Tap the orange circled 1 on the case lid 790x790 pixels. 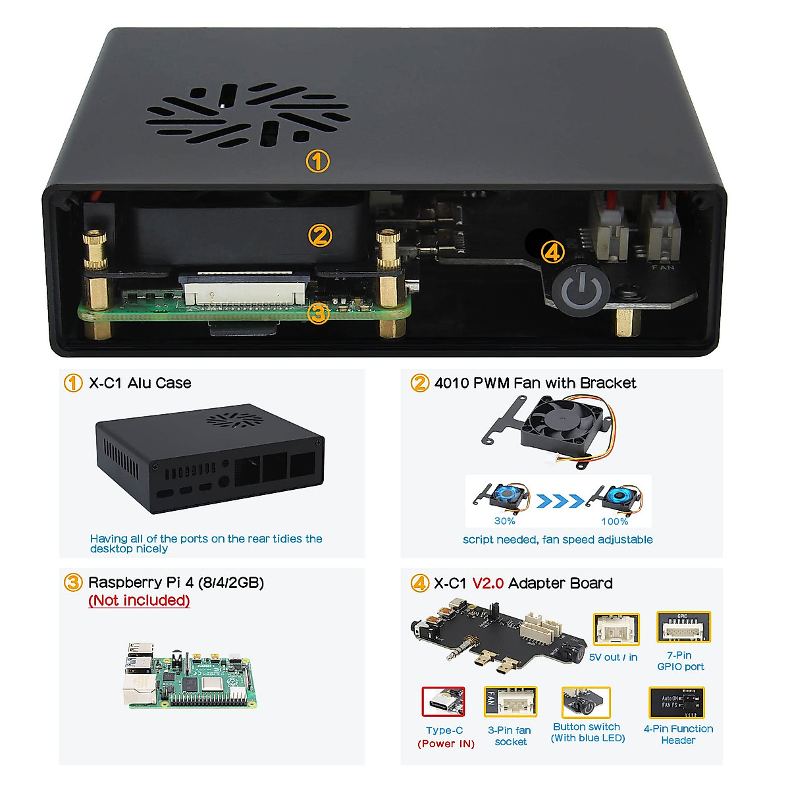click(317, 161)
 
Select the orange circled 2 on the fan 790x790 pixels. click(320, 235)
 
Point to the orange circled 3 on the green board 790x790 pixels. click(318, 313)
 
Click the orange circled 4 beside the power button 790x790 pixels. click(552, 251)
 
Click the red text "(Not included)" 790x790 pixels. click(139, 600)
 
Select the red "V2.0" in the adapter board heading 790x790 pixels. click(488, 583)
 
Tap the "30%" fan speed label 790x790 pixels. click(504, 521)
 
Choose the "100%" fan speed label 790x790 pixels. click(614, 521)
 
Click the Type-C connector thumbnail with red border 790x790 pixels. click(443, 702)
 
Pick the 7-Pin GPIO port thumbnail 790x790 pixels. click(683, 627)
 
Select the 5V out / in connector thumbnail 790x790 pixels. click(616, 629)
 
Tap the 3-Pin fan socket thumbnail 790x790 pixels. click(510, 702)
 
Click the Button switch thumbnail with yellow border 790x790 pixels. click(586, 702)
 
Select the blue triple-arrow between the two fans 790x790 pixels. click(560, 502)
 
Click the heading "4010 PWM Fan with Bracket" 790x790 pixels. click(535, 383)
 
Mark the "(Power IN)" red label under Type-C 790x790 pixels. click(446, 744)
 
